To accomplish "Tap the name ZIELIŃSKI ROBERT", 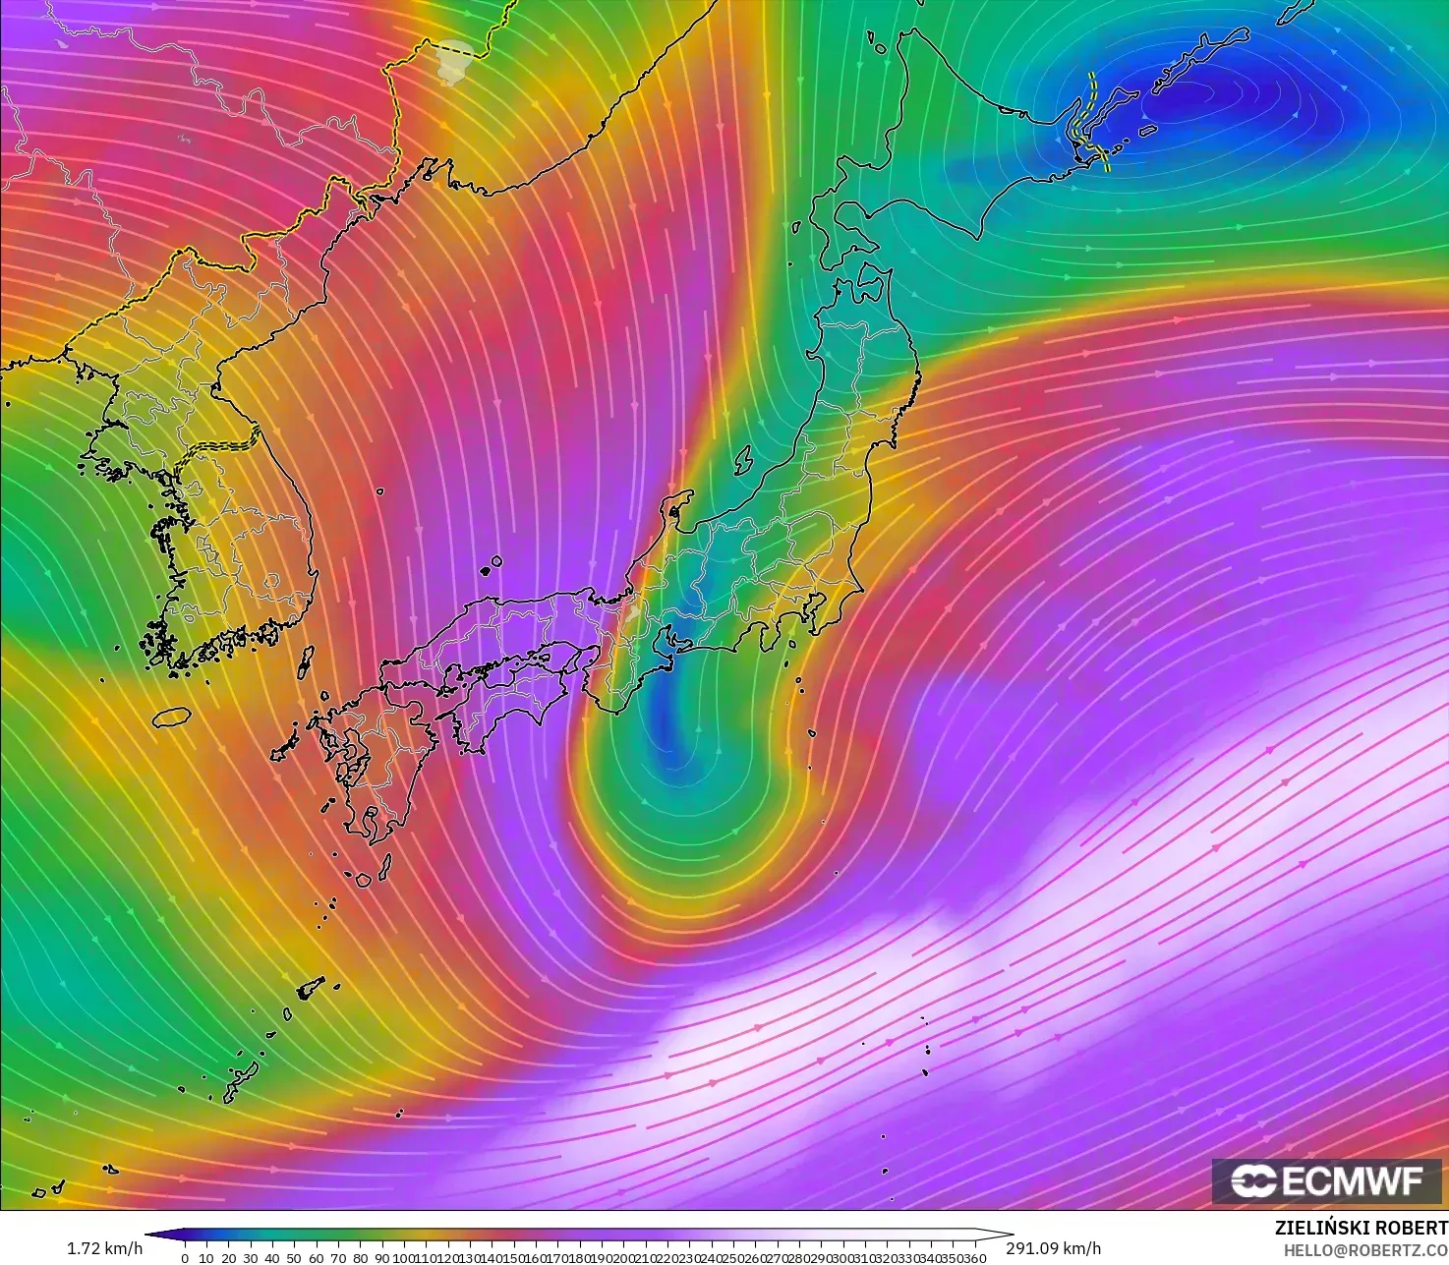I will [1361, 1228].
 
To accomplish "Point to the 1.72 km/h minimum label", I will [104, 1248].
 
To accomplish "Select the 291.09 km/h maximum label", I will [1053, 1248].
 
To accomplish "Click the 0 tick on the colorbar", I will [185, 1257].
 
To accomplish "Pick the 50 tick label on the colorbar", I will [294, 1257].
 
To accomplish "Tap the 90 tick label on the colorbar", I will [381, 1257].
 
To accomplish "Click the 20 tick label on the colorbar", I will [228, 1257].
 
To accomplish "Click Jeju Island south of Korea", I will [171, 718].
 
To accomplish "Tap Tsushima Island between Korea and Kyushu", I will [305, 661].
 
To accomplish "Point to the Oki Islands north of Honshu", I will [491, 566].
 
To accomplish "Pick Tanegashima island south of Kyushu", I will [384, 867].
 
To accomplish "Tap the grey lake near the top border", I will [453, 61].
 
